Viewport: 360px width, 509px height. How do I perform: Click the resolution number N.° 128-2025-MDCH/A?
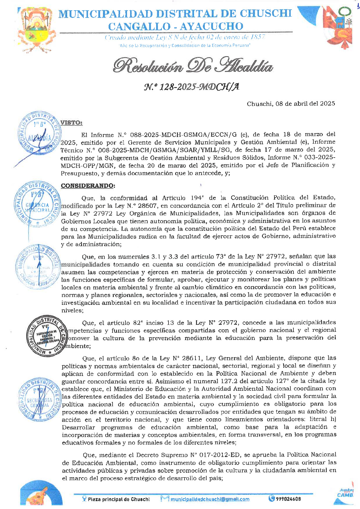191,87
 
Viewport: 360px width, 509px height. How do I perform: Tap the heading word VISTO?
71,122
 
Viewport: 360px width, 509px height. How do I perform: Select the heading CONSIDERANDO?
88,185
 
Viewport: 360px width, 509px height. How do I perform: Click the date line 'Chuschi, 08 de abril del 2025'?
291,104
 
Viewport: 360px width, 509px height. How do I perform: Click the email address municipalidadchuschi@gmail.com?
210,499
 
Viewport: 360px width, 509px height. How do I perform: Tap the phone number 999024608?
288,499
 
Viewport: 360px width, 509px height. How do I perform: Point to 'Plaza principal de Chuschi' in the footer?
119,499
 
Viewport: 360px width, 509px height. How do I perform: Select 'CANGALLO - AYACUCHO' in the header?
175,27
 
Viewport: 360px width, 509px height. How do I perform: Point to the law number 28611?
191,358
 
